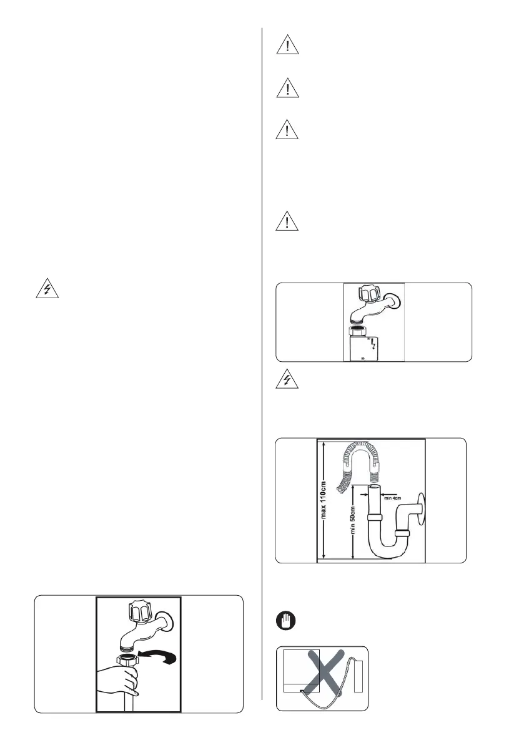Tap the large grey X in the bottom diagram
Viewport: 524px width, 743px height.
tap(323, 679)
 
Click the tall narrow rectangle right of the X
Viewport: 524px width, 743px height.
tap(358, 686)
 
